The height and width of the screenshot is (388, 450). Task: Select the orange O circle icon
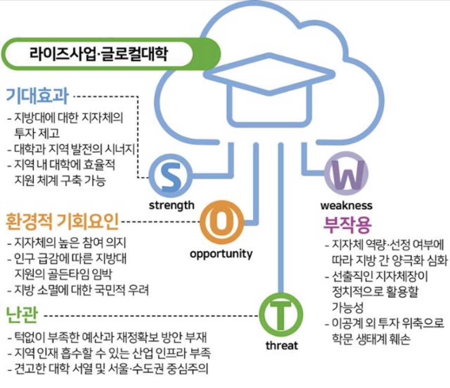point(221,222)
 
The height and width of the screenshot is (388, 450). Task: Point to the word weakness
point(346,205)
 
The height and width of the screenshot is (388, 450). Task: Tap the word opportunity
point(221,253)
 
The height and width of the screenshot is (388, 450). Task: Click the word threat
point(282,345)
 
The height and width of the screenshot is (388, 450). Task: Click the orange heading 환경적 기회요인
point(62,221)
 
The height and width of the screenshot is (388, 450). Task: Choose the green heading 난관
point(22,315)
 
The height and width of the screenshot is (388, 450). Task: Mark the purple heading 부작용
point(347,225)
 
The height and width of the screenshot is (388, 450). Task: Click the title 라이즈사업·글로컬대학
point(98,53)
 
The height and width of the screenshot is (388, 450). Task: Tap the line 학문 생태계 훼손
point(371,339)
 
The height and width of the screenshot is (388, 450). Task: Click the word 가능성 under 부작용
point(347,307)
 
